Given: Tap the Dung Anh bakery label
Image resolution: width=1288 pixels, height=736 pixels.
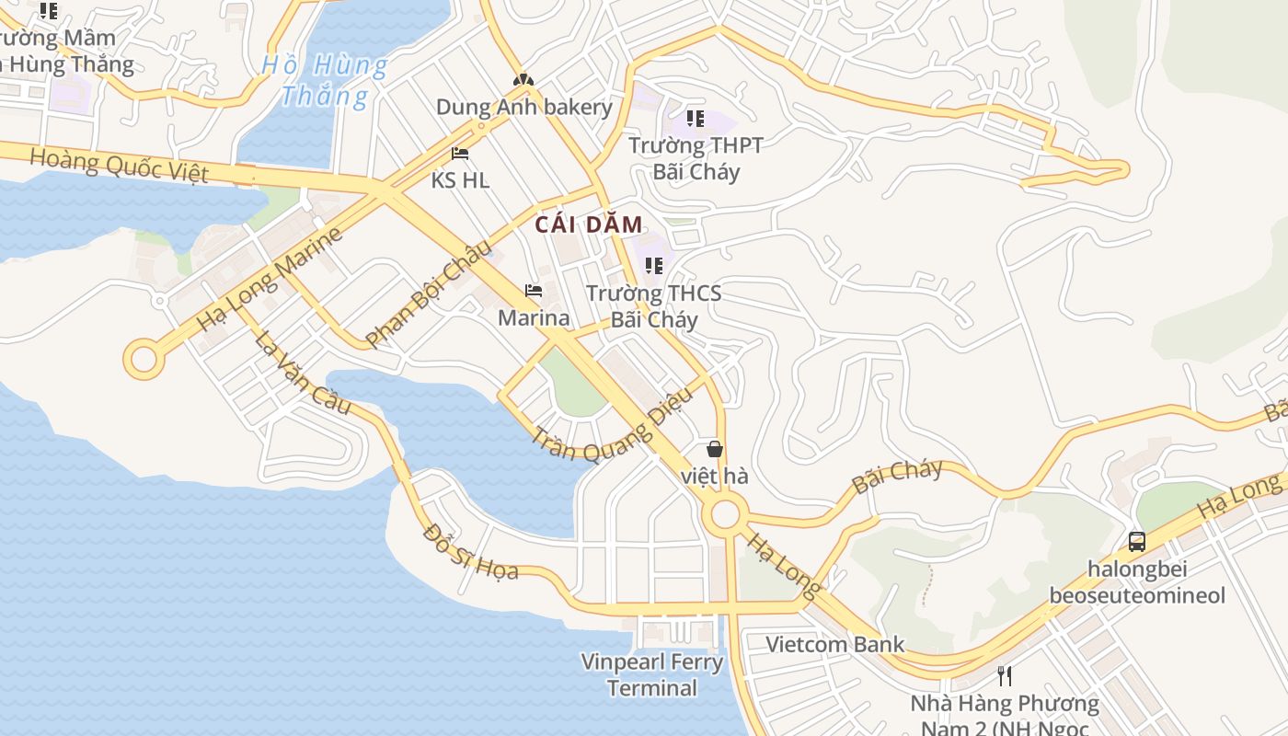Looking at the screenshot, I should pyautogui.click(x=523, y=107).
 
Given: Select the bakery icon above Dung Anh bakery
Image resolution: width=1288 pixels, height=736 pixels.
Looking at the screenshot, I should pyautogui.click(x=523, y=80).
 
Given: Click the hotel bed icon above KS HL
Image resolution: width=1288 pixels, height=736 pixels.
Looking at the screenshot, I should pyautogui.click(x=460, y=154).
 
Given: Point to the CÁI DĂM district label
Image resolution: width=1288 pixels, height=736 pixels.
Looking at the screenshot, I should pyautogui.click(x=589, y=224).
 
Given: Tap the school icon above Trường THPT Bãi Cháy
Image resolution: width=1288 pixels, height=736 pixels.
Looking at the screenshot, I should pyautogui.click(x=696, y=119).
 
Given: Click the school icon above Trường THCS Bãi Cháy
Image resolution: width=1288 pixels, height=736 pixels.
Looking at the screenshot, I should pyautogui.click(x=654, y=267).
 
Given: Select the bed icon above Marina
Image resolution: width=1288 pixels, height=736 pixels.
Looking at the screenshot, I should pyautogui.click(x=534, y=291).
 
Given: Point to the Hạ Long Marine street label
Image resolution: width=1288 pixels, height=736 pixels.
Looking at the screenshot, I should pyautogui.click(x=270, y=279).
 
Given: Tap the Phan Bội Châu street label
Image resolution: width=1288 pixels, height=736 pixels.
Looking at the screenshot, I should pyautogui.click(x=429, y=293).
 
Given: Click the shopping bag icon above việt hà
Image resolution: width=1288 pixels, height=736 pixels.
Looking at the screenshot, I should pyautogui.click(x=715, y=449).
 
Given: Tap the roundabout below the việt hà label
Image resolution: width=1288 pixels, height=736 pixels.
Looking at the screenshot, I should pyautogui.click(x=725, y=514).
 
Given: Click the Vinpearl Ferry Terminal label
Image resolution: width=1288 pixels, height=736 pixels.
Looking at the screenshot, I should pyautogui.click(x=652, y=674).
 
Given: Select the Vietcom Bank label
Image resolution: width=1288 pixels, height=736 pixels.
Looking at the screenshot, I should pyautogui.click(x=836, y=644).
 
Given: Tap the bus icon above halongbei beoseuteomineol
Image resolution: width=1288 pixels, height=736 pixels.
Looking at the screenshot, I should pyautogui.click(x=1137, y=541).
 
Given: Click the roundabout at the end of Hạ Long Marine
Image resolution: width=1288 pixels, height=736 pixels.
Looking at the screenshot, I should pyautogui.click(x=144, y=359).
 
